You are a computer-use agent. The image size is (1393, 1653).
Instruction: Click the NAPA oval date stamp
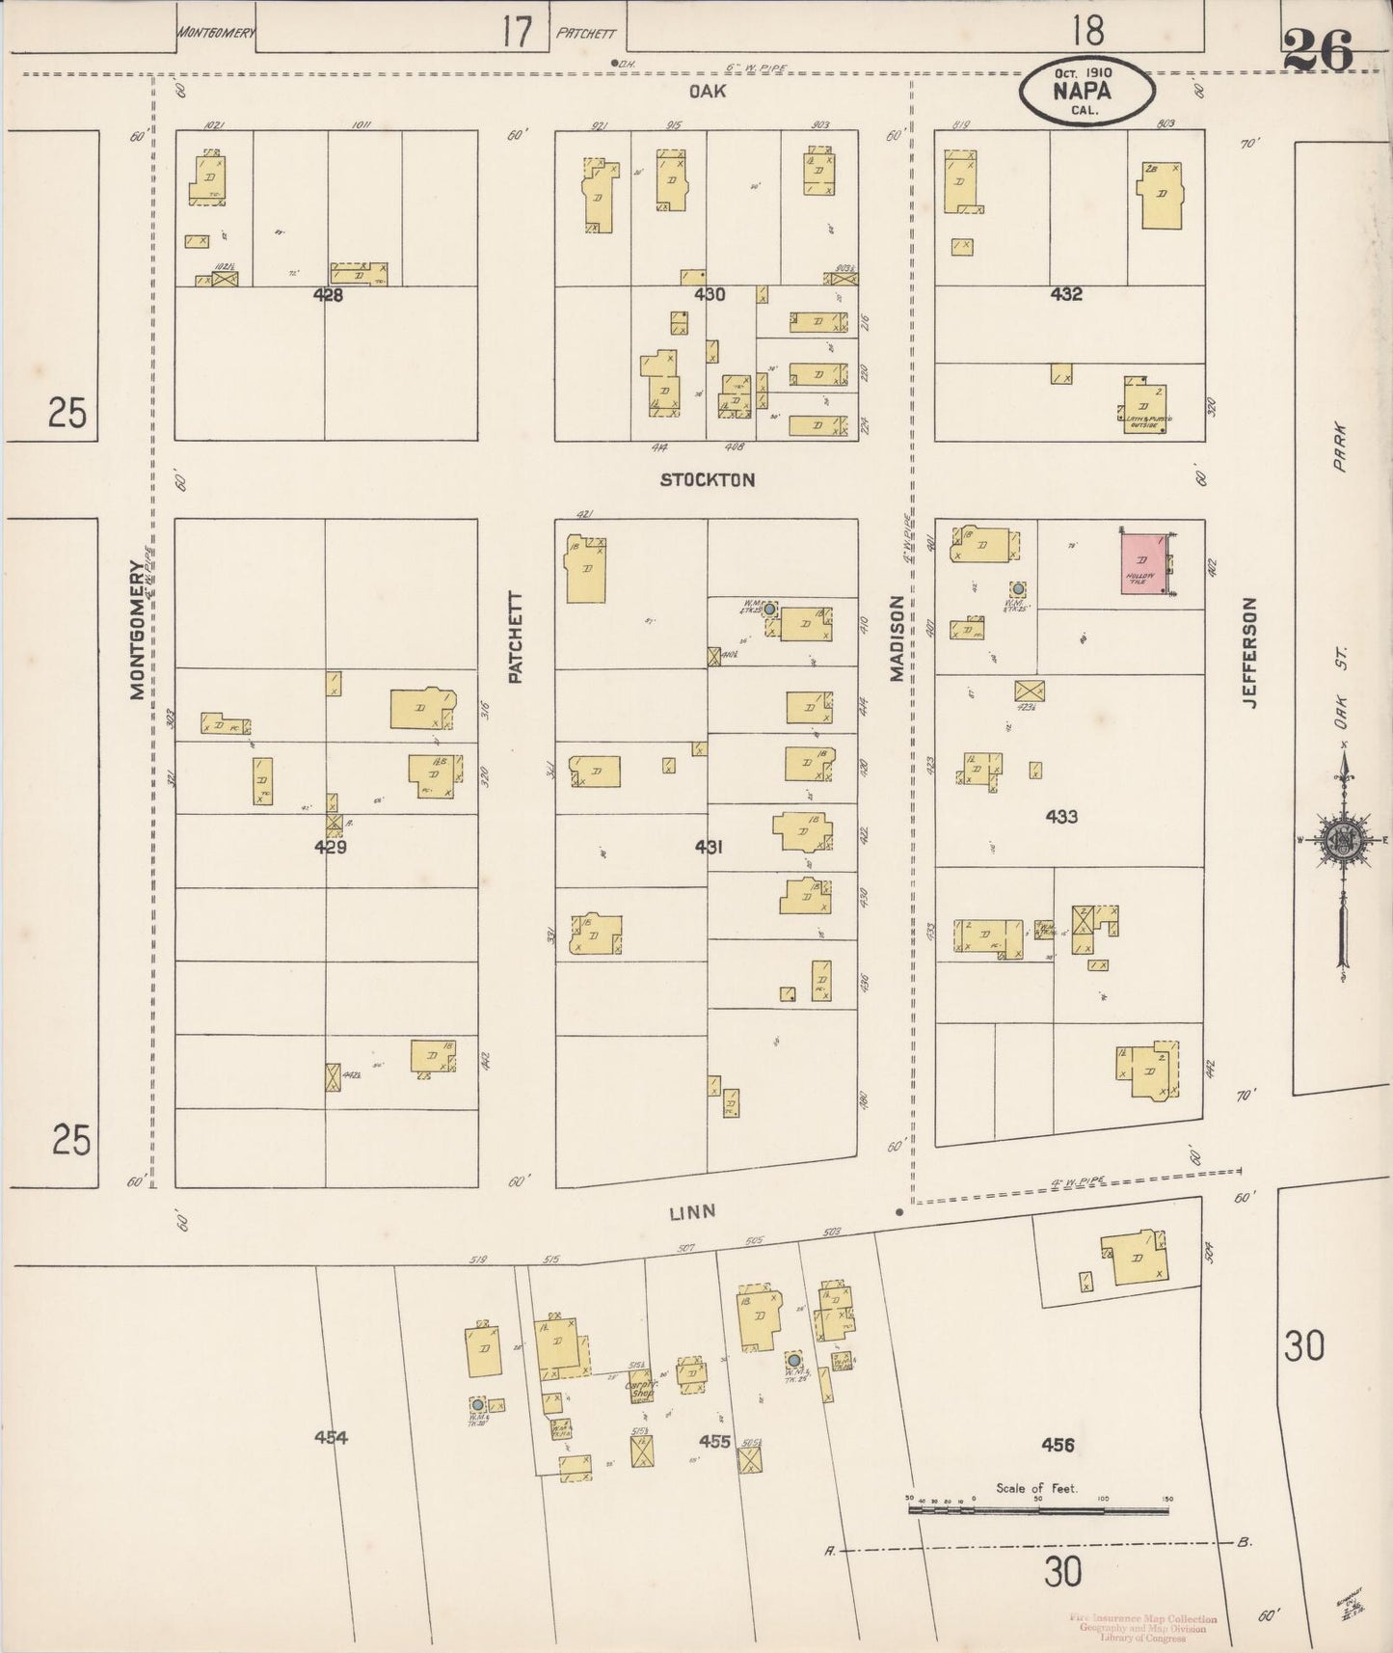tap(1087, 92)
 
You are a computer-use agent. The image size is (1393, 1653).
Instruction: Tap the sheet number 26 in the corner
tap(1318, 50)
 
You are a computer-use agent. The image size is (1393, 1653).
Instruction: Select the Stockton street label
tap(707, 479)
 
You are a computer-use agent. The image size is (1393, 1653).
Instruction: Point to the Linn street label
tap(693, 1212)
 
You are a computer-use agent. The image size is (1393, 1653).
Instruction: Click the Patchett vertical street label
tap(515, 637)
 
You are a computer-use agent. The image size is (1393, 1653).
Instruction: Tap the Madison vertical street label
tap(897, 638)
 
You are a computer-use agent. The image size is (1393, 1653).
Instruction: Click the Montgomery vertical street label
tap(138, 631)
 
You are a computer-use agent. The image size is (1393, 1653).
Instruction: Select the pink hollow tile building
tap(1143, 564)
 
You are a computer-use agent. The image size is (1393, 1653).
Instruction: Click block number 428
tap(328, 296)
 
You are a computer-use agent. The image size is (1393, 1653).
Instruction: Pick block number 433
tap(1060, 817)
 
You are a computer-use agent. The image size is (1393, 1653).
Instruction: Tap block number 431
tap(709, 847)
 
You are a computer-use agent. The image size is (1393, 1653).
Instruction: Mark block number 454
tap(331, 1437)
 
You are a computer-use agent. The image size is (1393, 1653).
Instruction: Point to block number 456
tap(1058, 1445)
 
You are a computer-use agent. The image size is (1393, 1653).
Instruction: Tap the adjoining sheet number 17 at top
tap(517, 33)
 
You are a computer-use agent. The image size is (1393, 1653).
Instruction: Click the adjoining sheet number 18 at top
tap(1087, 32)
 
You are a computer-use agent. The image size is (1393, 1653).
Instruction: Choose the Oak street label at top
tap(707, 92)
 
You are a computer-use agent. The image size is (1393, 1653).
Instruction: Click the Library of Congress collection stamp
tap(1142, 1629)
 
